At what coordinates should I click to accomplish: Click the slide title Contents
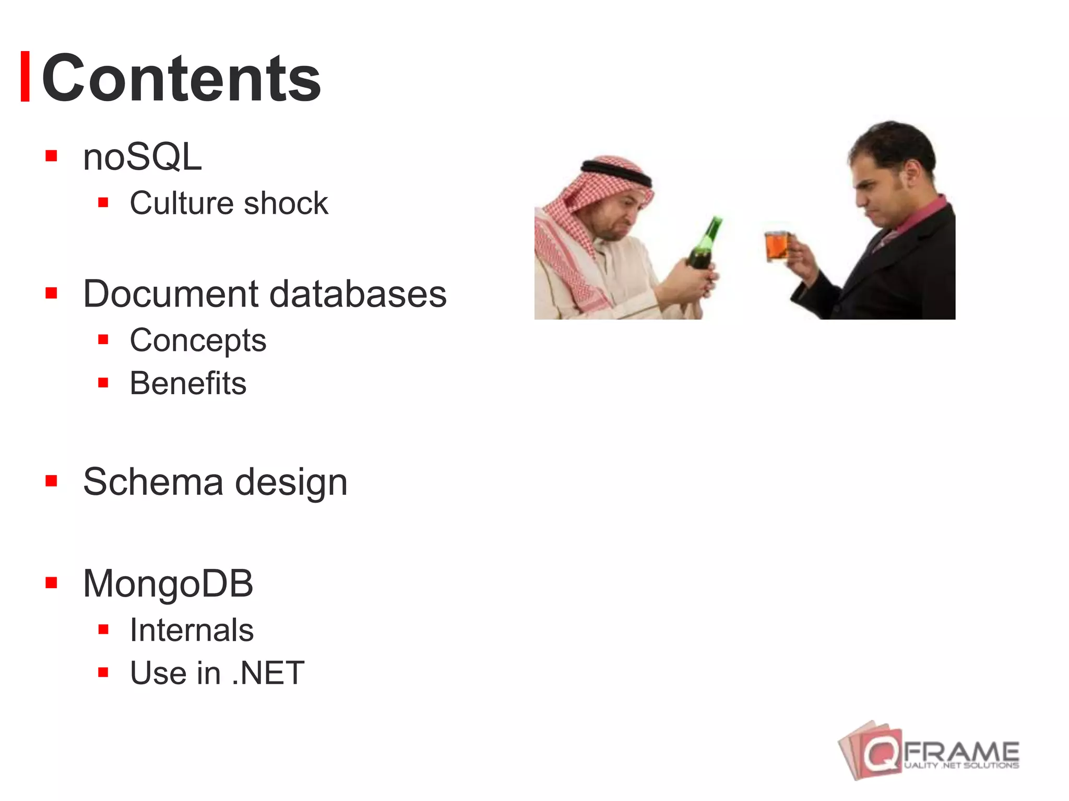(x=181, y=78)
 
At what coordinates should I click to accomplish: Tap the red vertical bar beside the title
(x=25, y=76)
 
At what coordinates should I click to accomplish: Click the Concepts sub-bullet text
(x=198, y=341)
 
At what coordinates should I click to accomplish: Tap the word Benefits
(x=188, y=383)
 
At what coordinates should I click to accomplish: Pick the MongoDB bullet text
(x=168, y=583)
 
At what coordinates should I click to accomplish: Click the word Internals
(x=192, y=630)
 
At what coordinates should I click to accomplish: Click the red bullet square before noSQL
(x=51, y=156)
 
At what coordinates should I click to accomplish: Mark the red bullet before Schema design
(x=51, y=480)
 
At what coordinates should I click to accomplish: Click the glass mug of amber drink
(x=777, y=245)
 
